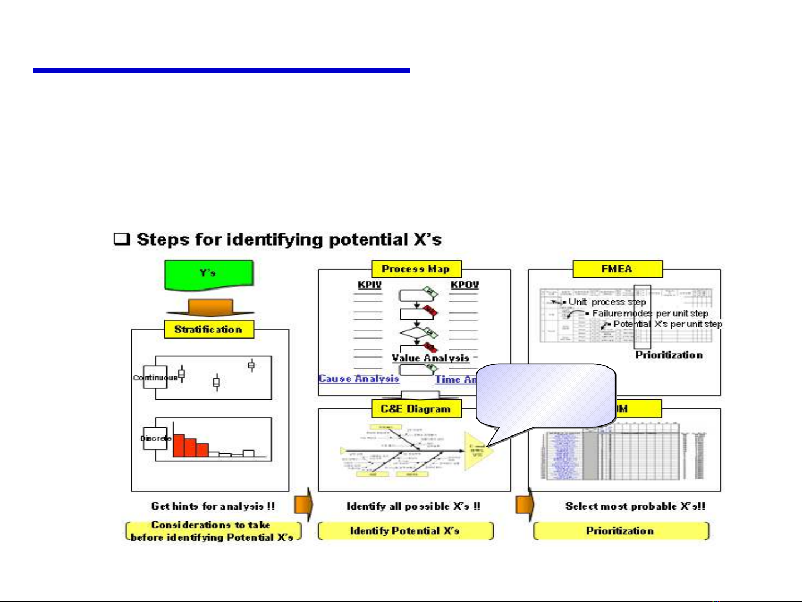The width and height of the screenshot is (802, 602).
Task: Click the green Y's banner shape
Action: [x=209, y=274]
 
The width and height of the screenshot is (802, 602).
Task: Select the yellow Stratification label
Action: [x=209, y=329]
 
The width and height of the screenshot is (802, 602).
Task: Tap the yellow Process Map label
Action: [x=416, y=269]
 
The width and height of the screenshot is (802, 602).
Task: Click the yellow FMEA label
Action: [x=617, y=269]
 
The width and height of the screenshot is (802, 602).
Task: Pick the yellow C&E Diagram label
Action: [x=416, y=409]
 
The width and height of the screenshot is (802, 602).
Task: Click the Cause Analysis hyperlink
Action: [x=359, y=379]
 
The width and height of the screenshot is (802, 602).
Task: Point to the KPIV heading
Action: [x=370, y=285]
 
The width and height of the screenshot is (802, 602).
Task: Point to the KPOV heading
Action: [x=464, y=285]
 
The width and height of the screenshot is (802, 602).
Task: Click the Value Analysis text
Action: [x=430, y=358]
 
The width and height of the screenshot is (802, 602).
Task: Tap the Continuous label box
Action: [x=155, y=378]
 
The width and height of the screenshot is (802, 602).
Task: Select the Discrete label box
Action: [x=155, y=438]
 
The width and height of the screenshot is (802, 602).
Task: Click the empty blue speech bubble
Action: [x=545, y=395]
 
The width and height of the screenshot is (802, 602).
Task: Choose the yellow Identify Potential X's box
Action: [x=405, y=531]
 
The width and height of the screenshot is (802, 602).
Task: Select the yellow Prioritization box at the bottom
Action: [x=621, y=531]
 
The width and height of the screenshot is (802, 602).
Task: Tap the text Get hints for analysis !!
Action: [x=213, y=506]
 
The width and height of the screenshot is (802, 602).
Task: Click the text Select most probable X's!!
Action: [x=635, y=506]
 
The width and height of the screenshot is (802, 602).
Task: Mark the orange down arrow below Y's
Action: [x=210, y=308]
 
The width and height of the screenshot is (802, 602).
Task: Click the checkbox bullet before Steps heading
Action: [x=121, y=239]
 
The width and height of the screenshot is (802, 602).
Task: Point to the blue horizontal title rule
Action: [x=221, y=71]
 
